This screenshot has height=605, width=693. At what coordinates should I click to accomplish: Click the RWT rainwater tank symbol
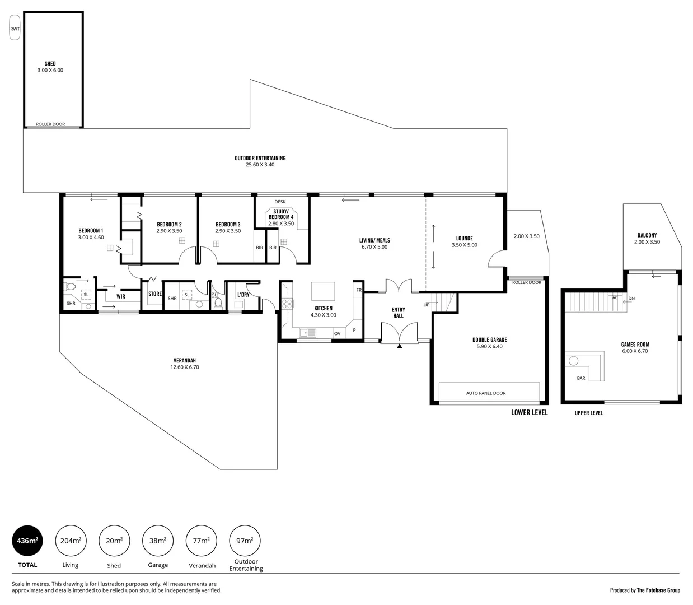(15, 29)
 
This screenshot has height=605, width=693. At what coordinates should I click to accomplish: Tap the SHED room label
(50, 64)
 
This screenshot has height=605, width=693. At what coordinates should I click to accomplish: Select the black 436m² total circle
(27, 541)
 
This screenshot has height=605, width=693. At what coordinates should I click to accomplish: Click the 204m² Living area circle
(71, 541)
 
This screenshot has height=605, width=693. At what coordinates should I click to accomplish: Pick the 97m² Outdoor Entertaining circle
(245, 541)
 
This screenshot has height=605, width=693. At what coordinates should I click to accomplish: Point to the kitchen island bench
(323, 292)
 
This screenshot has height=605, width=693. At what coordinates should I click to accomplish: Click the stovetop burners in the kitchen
(287, 304)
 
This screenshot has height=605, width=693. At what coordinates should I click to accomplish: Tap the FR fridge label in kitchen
(358, 290)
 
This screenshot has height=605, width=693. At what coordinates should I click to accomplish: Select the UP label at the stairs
(427, 305)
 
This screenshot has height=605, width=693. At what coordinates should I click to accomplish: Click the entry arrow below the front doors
(399, 347)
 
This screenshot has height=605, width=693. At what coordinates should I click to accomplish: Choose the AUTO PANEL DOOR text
(486, 393)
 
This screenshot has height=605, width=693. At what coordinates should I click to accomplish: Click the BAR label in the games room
(581, 378)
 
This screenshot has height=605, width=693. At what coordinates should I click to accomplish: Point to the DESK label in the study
(280, 202)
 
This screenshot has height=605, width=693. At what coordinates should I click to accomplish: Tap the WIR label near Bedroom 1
(121, 296)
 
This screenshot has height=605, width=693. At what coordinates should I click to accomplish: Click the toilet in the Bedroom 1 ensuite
(71, 286)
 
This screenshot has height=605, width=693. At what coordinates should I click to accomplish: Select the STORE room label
(155, 294)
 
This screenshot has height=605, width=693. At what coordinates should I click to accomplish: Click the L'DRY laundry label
(244, 294)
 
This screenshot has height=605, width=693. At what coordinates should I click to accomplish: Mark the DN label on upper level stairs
(631, 299)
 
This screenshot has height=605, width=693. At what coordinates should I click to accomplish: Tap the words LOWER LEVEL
(529, 412)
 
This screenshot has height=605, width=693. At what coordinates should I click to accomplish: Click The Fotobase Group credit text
(658, 590)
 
